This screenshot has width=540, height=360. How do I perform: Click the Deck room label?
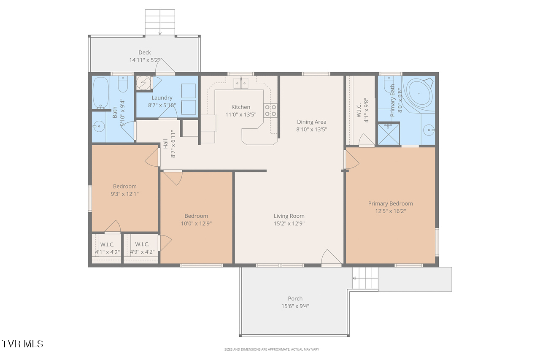click(144, 52)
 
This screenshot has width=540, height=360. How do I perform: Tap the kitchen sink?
click(240, 83)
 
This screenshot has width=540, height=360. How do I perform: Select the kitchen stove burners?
click(270, 111)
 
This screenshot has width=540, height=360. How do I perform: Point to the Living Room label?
click(289, 216)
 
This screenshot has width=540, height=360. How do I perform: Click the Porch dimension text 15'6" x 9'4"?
click(295, 306)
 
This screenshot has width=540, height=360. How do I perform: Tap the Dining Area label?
click(311, 122)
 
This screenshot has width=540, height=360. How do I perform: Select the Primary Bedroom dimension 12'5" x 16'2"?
click(391, 211)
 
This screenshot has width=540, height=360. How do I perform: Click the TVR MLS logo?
click(22, 344)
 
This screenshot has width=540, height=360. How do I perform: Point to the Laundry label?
click(162, 97)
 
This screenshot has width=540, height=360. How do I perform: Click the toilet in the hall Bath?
click(123, 84)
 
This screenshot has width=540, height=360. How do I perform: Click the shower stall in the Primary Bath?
click(389, 134)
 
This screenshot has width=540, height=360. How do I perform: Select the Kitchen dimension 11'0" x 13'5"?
click(241, 114)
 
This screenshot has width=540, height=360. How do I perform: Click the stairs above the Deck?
click(160, 22)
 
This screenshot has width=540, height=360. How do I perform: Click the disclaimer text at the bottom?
click(272, 349)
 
